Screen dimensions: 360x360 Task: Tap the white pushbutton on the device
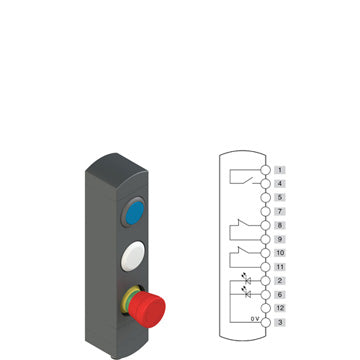(133, 256)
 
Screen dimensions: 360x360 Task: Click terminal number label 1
(280, 170)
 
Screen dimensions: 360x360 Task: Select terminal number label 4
(280, 184)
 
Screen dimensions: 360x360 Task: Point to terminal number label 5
(280, 197)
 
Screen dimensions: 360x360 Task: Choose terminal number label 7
(280, 211)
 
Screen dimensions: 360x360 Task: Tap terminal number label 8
(280, 225)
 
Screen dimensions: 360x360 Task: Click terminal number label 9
(280, 239)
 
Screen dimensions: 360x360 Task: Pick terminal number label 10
(280, 253)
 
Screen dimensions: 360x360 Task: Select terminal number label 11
(280, 267)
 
